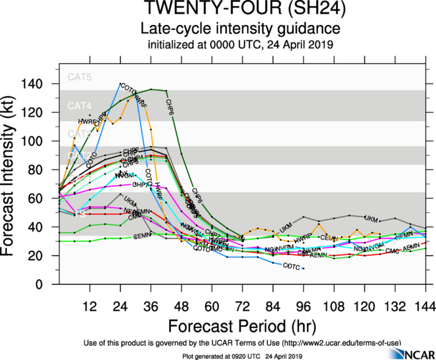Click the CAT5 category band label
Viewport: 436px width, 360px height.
pyautogui.click(x=79, y=78)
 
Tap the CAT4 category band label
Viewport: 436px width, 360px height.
pyautogui.click(x=79, y=107)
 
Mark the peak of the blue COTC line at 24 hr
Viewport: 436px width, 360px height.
pyautogui.click(x=120, y=84)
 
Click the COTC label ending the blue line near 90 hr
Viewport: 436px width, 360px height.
pyautogui.click(x=292, y=266)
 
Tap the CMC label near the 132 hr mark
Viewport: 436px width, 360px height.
pyautogui.click(x=392, y=251)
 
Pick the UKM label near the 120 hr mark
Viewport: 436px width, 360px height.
pyautogui.click(x=371, y=219)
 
